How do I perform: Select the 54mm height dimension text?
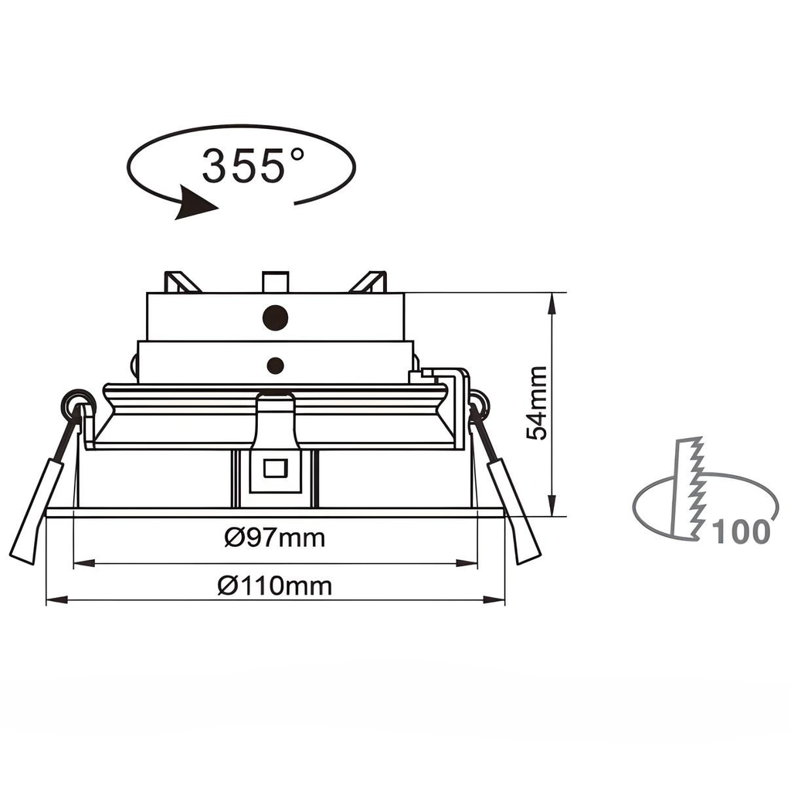coord(537,403)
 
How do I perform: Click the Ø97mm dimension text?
coord(275,537)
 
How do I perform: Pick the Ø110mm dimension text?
coord(275,586)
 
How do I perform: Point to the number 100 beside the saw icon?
coord(741,532)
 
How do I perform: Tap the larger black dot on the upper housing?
coord(276,317)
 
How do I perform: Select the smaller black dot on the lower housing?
coord(275,364)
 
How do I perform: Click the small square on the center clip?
coord(275,468)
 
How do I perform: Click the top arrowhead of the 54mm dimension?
coord(552,302)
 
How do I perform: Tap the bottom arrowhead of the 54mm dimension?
coord(552,507)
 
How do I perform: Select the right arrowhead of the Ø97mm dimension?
coord(467,563)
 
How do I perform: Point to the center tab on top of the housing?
coord(275,281)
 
